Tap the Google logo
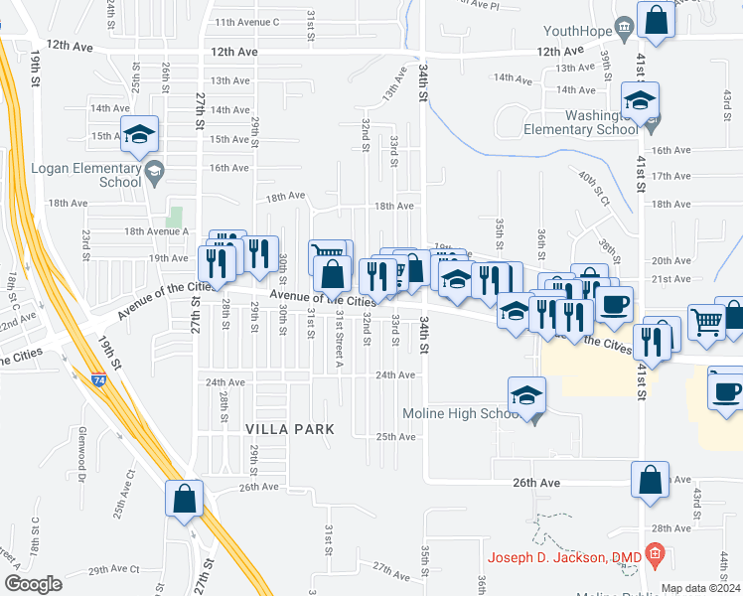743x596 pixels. [33, 584]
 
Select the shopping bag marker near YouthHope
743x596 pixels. [658, 19]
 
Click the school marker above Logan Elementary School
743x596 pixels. [139, 134]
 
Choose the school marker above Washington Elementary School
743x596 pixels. [640, 99]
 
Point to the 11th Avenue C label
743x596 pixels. [247, 22]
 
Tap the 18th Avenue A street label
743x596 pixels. [156, 231]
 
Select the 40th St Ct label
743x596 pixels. [595, 187]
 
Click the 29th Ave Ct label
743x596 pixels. [113, 570]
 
